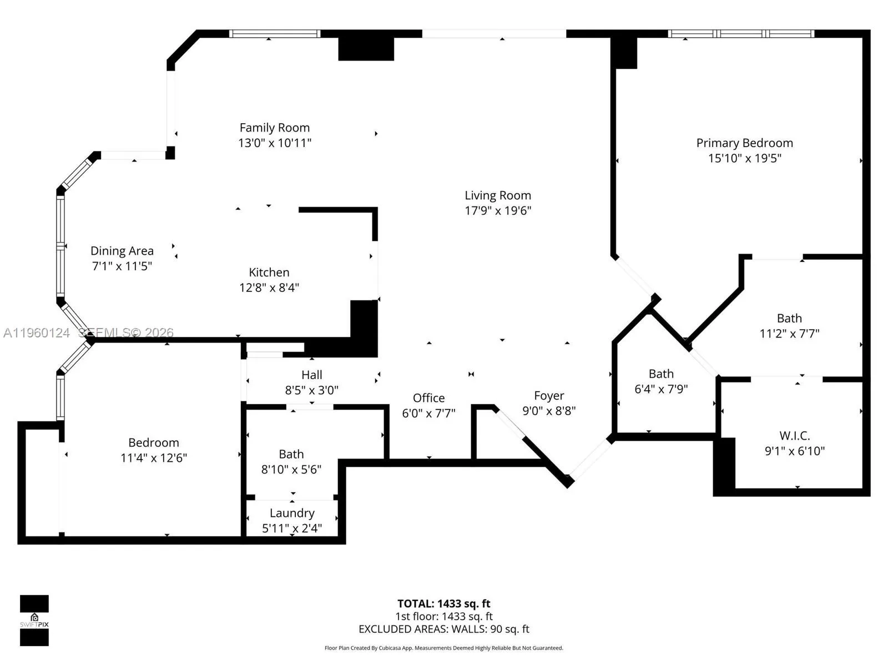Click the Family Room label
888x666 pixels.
[274, 128]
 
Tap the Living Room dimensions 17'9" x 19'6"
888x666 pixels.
[497, 210]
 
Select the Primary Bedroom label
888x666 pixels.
[744, 143]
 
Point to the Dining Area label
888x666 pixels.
[122, 251]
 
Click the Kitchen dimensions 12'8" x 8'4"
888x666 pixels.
[269, 287]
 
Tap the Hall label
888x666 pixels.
[312, 375]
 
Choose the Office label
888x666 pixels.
[428, 398]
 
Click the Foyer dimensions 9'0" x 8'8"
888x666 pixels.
[548, 411]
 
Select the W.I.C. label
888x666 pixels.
[794, 436]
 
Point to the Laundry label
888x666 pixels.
[292, 513]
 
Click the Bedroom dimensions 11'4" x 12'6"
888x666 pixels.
[154, 458]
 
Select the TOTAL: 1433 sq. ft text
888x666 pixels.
[443, 603]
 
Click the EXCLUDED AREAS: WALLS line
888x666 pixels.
[443, 629]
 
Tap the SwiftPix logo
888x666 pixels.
[34, 620]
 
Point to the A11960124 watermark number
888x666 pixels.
[37, 332]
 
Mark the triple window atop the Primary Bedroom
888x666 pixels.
[741, 34]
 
